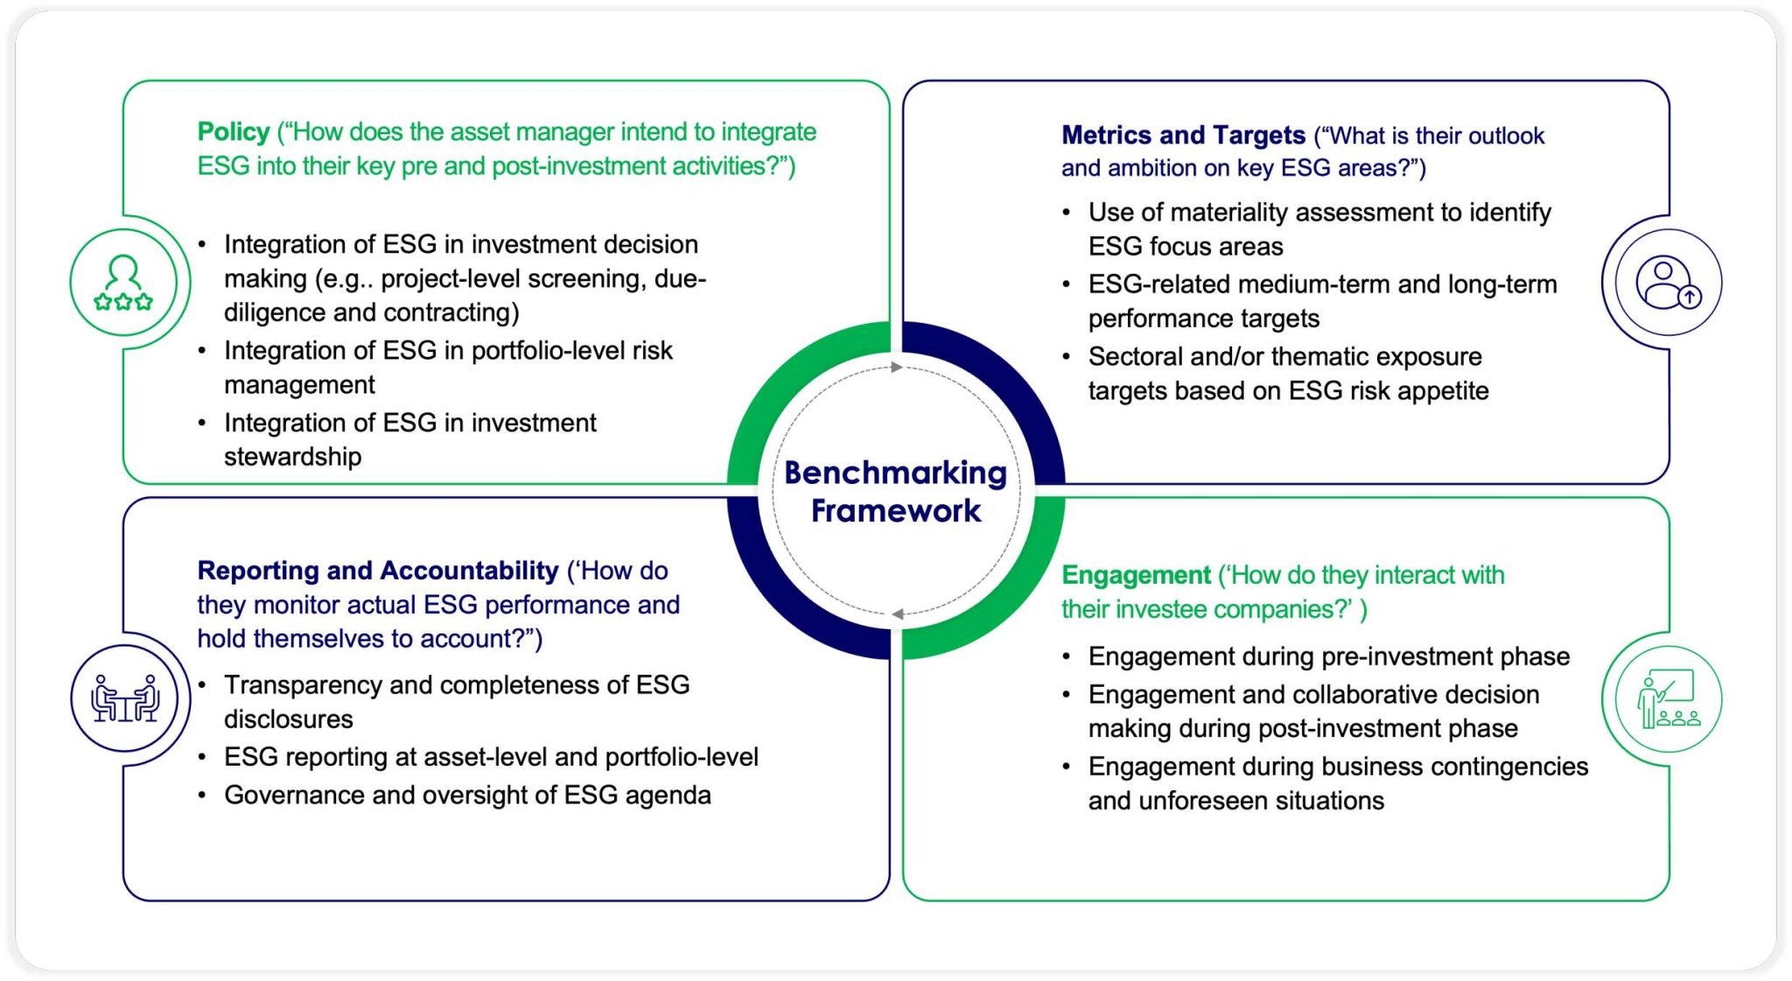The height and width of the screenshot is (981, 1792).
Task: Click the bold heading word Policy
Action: (233, 132)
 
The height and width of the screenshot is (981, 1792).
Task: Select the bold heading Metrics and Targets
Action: (1182, 136)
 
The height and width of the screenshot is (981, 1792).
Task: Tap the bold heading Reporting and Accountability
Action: (377, 571)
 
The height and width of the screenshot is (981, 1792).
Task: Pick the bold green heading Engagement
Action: (1135, 575)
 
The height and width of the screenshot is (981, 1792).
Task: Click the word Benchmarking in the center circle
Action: (895, 473)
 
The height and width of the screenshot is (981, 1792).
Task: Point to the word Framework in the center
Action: (895, 511)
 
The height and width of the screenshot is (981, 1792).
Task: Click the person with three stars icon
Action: (123, 282)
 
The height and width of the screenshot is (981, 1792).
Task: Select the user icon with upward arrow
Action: (1666, 283)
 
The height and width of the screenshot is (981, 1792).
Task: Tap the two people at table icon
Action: (124, 698)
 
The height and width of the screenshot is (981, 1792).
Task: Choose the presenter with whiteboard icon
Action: (1667, 698)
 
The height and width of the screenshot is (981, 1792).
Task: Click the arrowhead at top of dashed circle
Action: (896, 368)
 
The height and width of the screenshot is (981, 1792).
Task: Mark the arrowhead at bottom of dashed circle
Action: (898, 614)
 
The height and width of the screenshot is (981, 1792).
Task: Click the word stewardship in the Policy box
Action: (292, 457)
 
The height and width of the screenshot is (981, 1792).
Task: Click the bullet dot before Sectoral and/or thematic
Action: (1066, 357)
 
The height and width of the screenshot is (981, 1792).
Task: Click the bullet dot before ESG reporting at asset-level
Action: (202, 757)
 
